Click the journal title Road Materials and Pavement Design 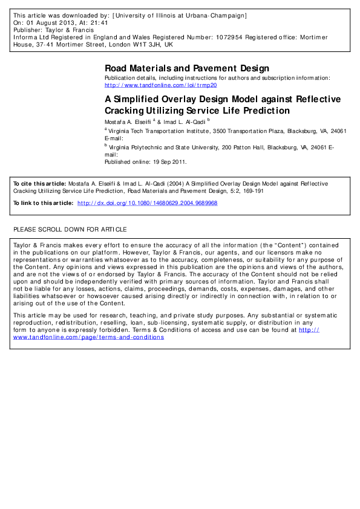tap(187, 68)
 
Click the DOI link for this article tap(148, 203)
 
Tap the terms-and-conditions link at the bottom tap(88, 337)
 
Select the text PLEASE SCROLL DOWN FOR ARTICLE tap(70, 230)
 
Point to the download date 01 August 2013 tap(47, 22)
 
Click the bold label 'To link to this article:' tap(42, 203)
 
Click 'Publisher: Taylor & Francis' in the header tap(50, 29)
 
